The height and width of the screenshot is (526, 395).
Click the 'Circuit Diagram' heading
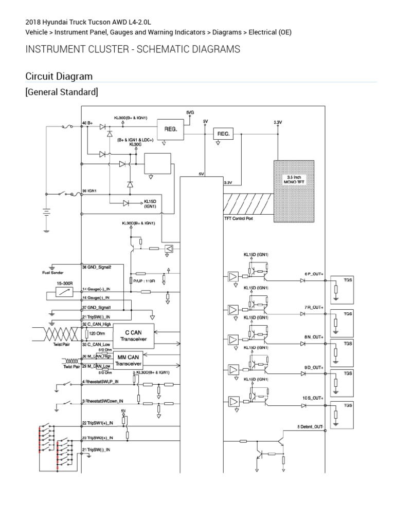(59, 77)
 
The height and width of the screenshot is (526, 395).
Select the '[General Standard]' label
(62, 92)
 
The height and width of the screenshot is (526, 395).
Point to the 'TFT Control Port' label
(239, 218)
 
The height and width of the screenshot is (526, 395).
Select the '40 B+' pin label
(87, 124)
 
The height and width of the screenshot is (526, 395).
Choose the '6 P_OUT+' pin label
(314, 274)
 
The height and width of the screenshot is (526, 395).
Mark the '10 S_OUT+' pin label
(313, 398)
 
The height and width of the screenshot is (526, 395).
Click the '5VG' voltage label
(190, 112)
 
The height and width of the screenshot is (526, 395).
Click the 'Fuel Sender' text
(52, 273)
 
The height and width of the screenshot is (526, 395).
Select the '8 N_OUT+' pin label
(314, 337)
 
